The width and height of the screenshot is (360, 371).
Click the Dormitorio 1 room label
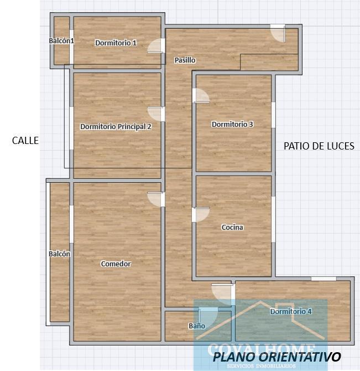click(116, 43)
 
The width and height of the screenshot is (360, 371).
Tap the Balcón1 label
click(61, 40)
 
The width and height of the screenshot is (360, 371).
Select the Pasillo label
click(185, 60)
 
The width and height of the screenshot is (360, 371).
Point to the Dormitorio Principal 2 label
click(116, 126)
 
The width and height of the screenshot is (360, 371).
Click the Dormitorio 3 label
click(232, 124)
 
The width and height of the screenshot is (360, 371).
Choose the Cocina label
click(232, 227)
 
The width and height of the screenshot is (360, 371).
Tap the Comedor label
click(116, 264)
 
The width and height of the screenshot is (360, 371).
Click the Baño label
click(197, 326)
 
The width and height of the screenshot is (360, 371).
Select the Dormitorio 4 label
click(291, 311)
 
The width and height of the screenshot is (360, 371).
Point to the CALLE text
click(25, 141)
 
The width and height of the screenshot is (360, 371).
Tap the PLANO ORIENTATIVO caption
click(276, 356)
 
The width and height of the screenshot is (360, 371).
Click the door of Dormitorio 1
click(156, 46)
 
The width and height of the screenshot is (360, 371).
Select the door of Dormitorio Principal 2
click(157, 114)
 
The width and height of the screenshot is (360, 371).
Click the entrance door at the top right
click(278, 33)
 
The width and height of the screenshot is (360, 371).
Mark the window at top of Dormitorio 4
click(323, 279)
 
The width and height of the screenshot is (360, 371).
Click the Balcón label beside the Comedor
click(59, 254)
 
